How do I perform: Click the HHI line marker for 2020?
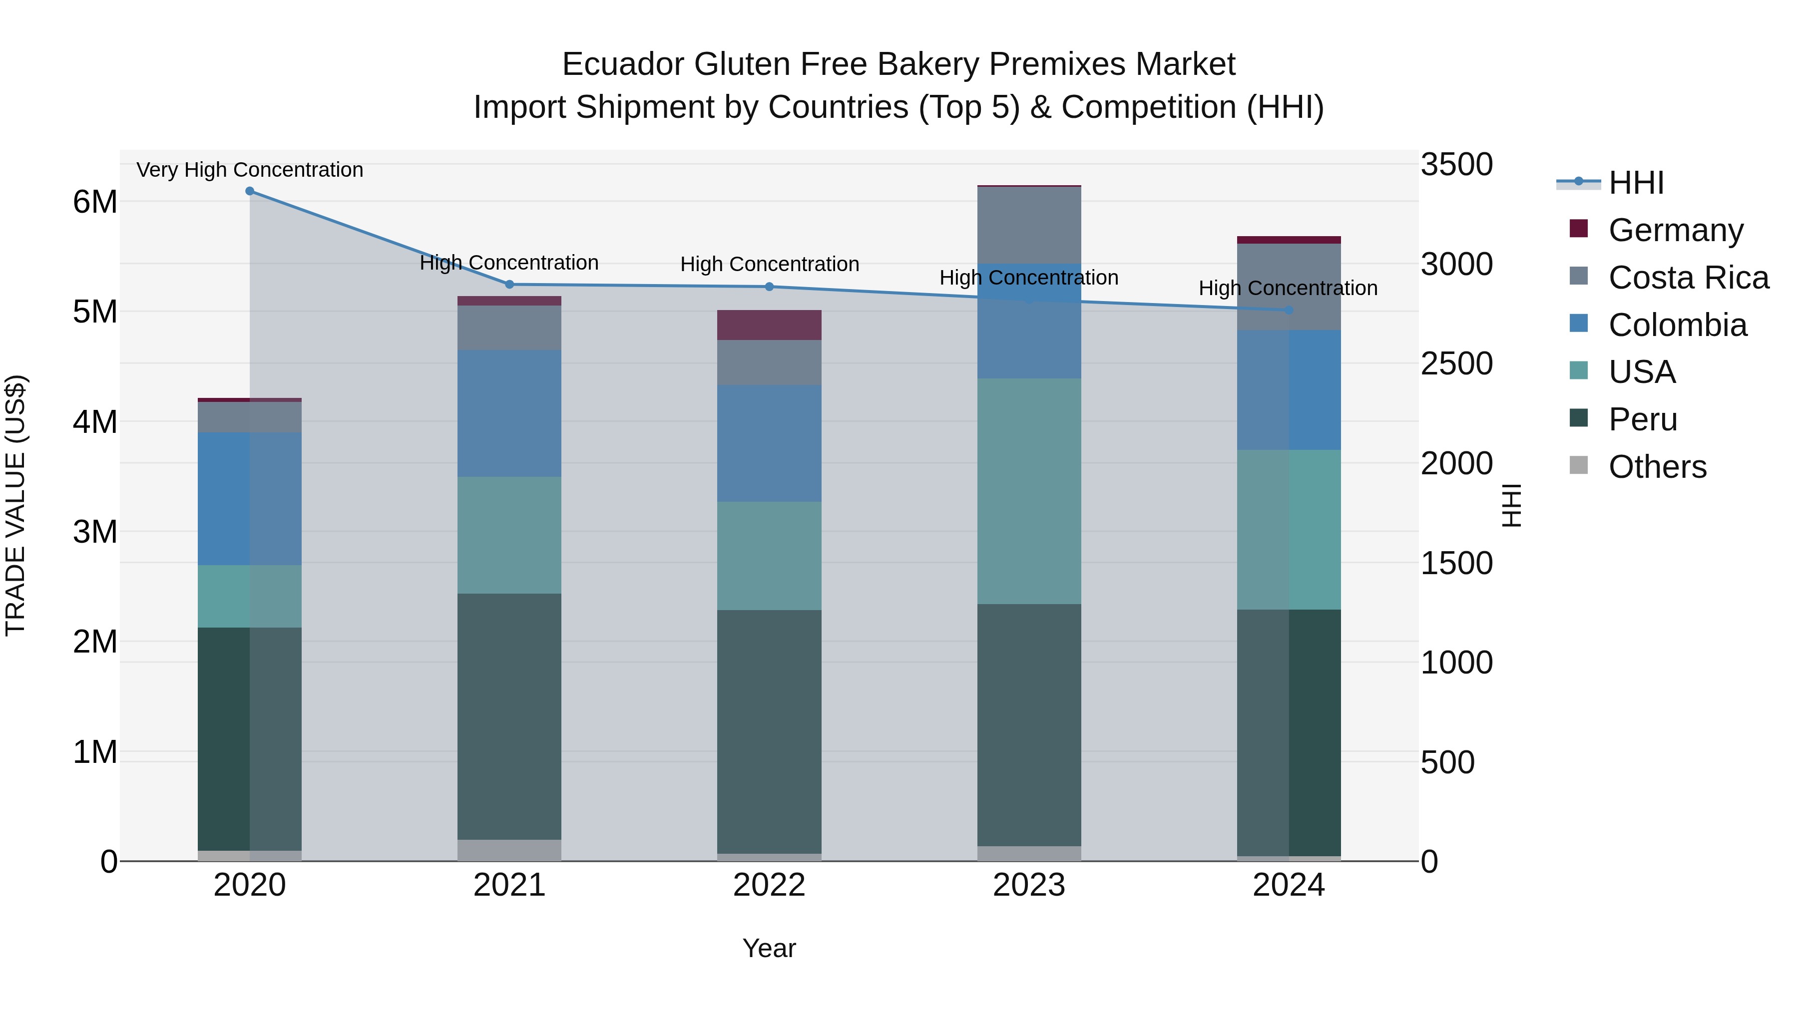tap(249, 191)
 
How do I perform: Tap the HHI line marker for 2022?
tap(769, 287)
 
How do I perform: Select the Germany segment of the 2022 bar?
tap(769, 325)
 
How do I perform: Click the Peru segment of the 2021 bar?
tap(509, 716)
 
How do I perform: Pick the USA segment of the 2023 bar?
tap(1029, 491)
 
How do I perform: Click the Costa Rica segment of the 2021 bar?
tap(509, 328)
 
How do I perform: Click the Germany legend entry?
tap(1675, 230)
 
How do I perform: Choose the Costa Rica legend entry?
tap(1688, 278)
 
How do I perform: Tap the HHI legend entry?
tap(1635, 183)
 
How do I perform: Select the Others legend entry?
tap(1657, 467)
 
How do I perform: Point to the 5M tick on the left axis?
tap(95, 312)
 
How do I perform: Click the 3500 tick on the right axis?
tap(1457, 165)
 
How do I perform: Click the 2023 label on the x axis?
tap(1029, 885)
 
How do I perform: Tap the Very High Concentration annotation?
tap(249, 170)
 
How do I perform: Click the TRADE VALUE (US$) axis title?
tap(15, 505)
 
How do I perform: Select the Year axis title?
tap(769, 948)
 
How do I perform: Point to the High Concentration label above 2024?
tap(1288, 288)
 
